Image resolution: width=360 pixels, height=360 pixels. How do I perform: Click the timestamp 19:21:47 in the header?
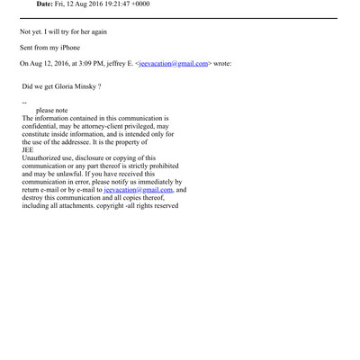point(134,4)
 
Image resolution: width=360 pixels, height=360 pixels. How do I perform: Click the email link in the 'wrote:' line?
point(174,63)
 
